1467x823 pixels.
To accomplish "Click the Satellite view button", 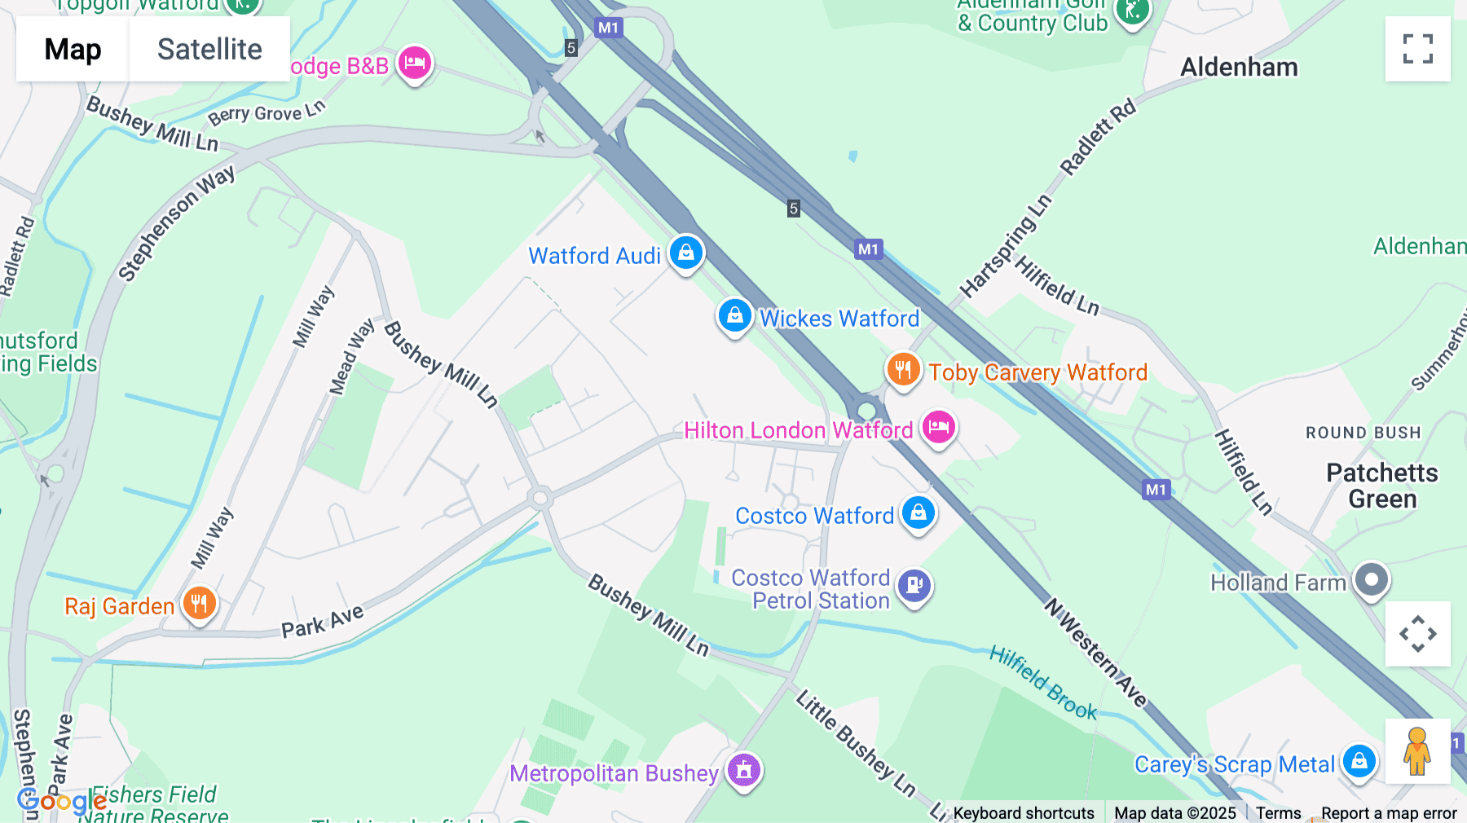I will coord(209,49).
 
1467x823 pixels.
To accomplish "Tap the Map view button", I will coord(73,49).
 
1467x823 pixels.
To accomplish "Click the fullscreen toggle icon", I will coord(1417,49).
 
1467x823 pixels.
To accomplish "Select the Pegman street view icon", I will coord(1417,750).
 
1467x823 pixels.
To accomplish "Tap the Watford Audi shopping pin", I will coord(686,253).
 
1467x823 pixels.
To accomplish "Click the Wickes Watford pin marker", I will coord(734,315).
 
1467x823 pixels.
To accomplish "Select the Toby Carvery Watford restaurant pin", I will coord(903,370).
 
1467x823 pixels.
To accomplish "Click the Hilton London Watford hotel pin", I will coord(938,427).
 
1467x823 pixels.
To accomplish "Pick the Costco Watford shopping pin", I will coord(919,513).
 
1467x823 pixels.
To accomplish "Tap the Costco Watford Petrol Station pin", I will coord(914,585).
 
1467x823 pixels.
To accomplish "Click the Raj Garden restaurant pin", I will coord(199,604).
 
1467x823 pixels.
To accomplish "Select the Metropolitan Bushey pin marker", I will coord(743,769).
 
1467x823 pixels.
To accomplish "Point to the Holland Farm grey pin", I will coord(1371,580).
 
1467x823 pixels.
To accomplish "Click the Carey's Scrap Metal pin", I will coord(1359,762).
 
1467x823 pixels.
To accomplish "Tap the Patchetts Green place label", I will coord(1381,486).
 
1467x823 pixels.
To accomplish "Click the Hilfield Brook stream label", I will coord(1043,683).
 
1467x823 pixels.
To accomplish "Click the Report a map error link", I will coord(1389,813).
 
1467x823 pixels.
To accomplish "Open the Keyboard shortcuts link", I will coord(1024,813).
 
